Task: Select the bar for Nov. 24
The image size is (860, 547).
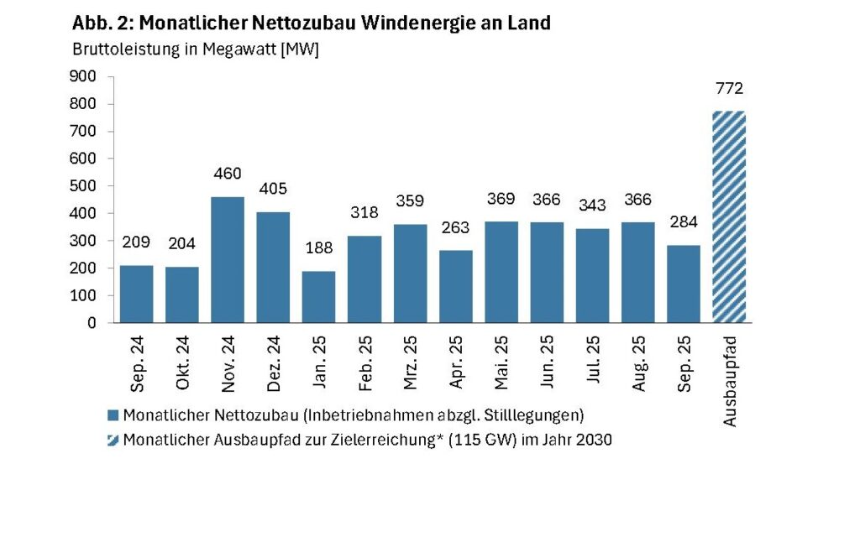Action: click(x=228, y=259)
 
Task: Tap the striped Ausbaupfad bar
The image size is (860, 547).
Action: click(x=728, y=216)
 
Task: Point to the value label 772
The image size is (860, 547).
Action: click(x=729, y=89)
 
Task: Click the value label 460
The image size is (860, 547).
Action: click(x=228, y=175)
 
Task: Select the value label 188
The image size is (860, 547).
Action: click(x=318, y=249)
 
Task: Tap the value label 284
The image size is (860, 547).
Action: click(x=683, y=223)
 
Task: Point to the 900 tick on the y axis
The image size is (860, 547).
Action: click(x=87, y=76)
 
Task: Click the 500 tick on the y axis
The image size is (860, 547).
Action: click(x=87, y=185)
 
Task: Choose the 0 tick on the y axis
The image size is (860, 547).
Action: click(x=92, y=322)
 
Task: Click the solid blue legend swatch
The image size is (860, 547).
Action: click(x=113, y=415)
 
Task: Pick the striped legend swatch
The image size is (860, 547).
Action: click(x=113, y=440)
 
